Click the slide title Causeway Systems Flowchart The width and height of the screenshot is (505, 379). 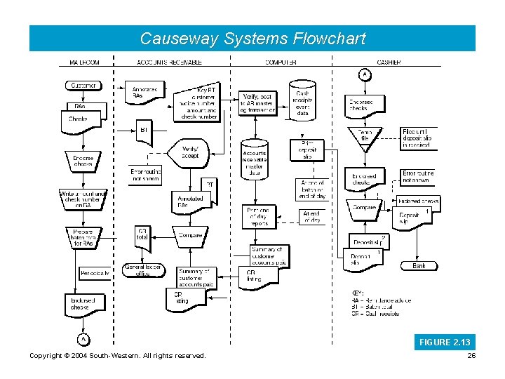(252, 39)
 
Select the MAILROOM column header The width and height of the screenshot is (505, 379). (84, 62)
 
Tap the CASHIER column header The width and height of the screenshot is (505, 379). (389, 62)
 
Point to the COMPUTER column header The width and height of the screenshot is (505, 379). (281, 62)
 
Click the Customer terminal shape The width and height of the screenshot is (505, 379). (84, 86)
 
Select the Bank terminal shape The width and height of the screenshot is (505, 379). (418, 266)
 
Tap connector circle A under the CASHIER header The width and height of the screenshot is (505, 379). (364, 74)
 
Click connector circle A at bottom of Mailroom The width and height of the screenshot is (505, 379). (83, 339)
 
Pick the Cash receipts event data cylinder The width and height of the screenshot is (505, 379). (304, 102)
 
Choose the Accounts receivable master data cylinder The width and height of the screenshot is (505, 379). (254, 161)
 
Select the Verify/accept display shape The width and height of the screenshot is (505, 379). (190, 152)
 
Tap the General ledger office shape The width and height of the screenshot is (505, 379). (142, 270)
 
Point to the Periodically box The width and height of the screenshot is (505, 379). (95, 272)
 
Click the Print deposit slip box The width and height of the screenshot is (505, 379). (308, 150)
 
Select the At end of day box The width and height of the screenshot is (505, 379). (313, 217)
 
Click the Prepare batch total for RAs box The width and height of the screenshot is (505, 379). (83, 238)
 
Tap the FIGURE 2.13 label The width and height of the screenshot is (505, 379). (445, 343)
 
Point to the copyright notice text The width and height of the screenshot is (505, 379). (118, 356)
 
